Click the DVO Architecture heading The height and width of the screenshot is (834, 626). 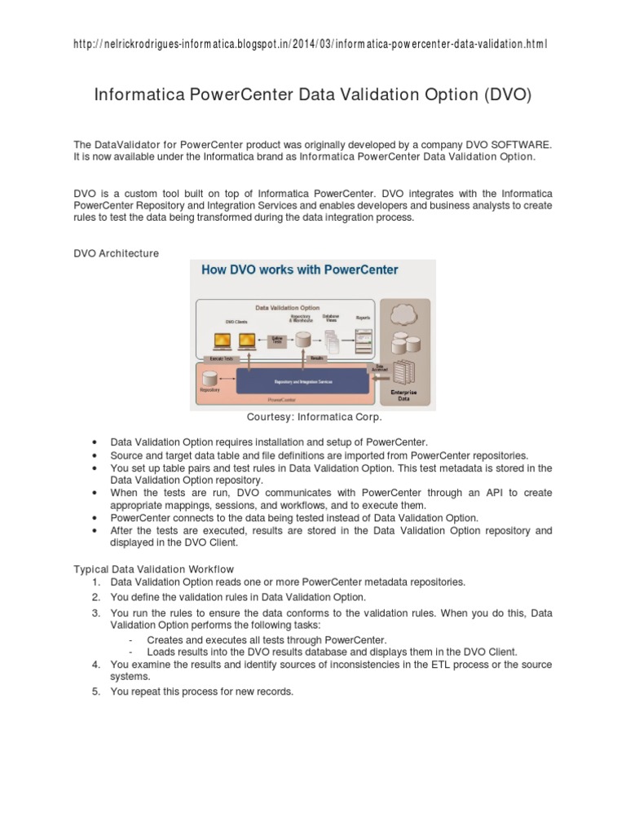tap(116, 253)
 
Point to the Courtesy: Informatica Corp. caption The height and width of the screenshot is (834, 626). tap(314, 418)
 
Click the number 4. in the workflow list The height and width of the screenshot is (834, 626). tap(95, 665)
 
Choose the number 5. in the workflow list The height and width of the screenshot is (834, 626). tap(95, 691)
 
